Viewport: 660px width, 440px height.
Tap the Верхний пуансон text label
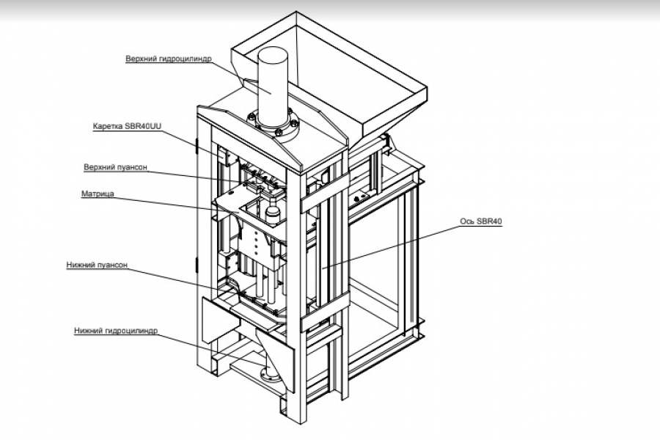click(116, 167)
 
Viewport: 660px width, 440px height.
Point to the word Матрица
click(98, 194)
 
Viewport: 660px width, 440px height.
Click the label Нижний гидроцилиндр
click(116, 331)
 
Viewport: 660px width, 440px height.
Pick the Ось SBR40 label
click(481, 221)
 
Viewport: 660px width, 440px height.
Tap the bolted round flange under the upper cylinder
click(276, 125)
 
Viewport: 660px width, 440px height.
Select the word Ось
click(466, 221)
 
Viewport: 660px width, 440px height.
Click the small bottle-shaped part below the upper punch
click(273, 213)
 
